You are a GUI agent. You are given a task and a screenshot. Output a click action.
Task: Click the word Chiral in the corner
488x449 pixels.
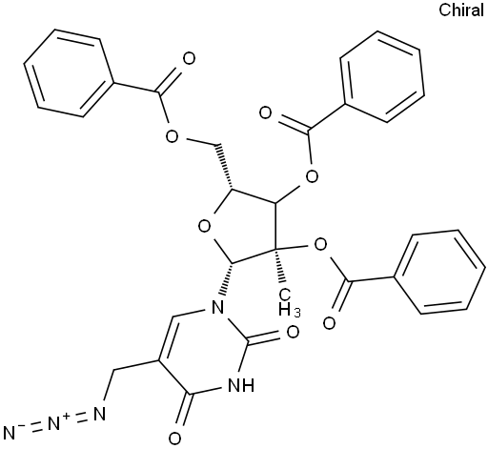(461, 10)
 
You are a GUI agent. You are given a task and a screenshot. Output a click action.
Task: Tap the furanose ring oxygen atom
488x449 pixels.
(204, 227)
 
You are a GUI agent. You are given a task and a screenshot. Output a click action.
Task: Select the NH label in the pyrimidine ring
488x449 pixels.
(241, 385)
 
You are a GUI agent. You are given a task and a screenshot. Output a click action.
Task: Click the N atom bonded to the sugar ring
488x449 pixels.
(217, 307)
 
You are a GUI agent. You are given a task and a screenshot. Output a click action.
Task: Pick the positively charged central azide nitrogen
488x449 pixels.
(55, 423)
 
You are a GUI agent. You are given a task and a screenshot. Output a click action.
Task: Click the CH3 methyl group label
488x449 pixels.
(289, 303)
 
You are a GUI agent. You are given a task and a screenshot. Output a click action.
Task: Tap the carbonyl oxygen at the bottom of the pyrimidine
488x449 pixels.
(174, 439)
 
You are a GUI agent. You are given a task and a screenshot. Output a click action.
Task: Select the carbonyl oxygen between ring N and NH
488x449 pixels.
(293, 332)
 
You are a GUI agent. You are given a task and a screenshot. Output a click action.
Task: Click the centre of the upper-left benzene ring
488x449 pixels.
(69, 73)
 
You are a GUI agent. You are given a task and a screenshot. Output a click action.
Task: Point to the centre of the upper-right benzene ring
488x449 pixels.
(382, 76)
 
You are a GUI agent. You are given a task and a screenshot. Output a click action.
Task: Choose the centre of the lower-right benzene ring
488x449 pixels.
(439, 272)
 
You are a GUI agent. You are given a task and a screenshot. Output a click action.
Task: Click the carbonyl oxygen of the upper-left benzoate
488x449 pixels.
(189, 59)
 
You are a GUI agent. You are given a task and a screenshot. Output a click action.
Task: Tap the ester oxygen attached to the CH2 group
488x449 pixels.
(172, 136)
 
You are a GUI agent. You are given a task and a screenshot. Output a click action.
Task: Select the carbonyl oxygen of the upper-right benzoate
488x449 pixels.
(266, 113)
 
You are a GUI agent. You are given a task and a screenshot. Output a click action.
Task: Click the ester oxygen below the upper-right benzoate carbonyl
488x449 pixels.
(312, 175)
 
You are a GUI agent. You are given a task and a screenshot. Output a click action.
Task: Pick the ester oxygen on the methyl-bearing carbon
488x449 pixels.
(320, 245)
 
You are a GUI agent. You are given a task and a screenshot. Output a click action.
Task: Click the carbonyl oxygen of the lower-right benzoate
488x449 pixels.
(329, 323)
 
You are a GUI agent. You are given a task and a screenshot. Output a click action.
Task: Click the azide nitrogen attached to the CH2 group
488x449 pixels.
(99, 414)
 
